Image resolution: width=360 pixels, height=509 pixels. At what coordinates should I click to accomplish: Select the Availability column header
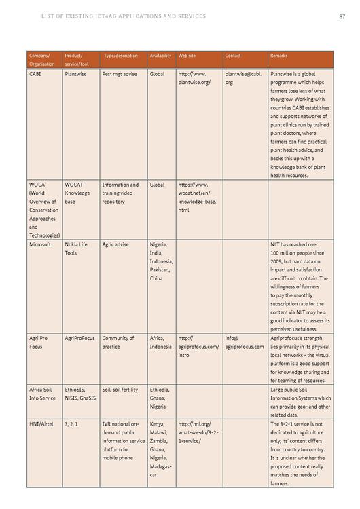(160, 56)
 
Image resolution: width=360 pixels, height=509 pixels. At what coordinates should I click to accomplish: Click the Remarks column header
(279, 56)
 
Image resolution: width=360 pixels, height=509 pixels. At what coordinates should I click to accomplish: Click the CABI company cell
(35, 73)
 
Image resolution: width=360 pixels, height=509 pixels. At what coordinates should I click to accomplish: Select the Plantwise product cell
(76, 73)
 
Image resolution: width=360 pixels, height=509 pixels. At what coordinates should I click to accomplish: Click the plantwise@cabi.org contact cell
(242, 78)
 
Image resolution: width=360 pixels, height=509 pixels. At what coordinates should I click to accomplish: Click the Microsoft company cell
(40, 244)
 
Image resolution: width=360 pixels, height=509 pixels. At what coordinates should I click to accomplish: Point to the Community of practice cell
(118, 342)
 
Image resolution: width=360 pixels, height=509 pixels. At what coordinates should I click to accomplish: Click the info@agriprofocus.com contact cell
(244, 342)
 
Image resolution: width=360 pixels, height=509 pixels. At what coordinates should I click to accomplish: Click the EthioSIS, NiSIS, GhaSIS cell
(79, 394)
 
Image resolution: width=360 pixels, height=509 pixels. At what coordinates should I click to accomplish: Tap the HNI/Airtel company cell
(41, 423)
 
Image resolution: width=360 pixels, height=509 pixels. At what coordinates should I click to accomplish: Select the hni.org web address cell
(198, 432)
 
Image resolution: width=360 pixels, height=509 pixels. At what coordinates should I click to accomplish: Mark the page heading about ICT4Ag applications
(124, 16)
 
